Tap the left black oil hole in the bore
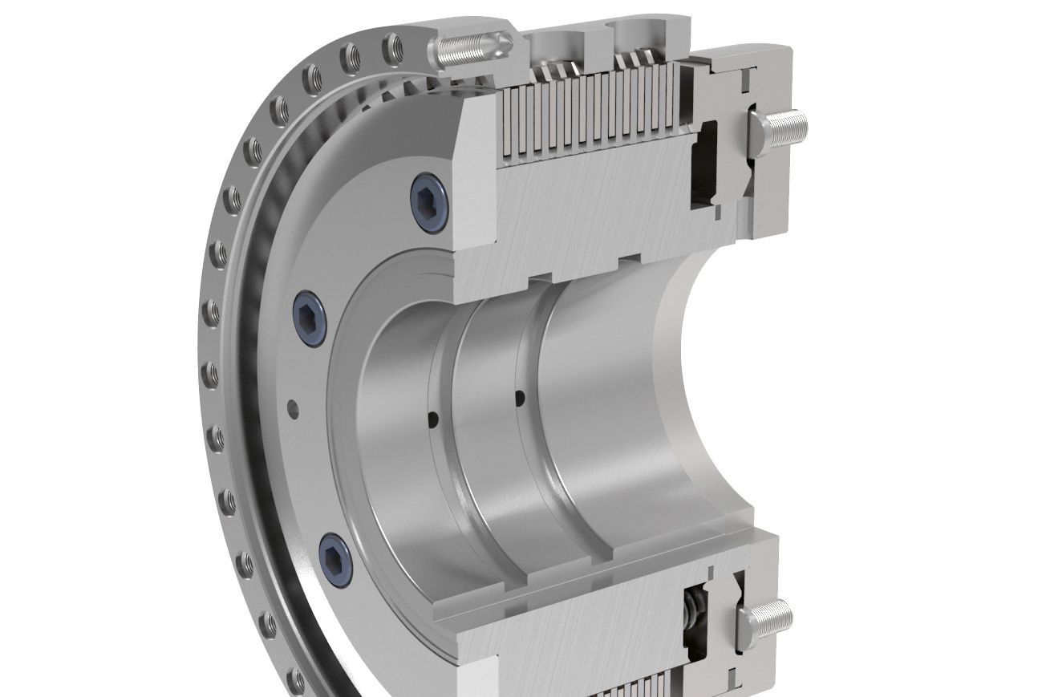click(434, 418)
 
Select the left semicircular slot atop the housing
click(554, 37)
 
